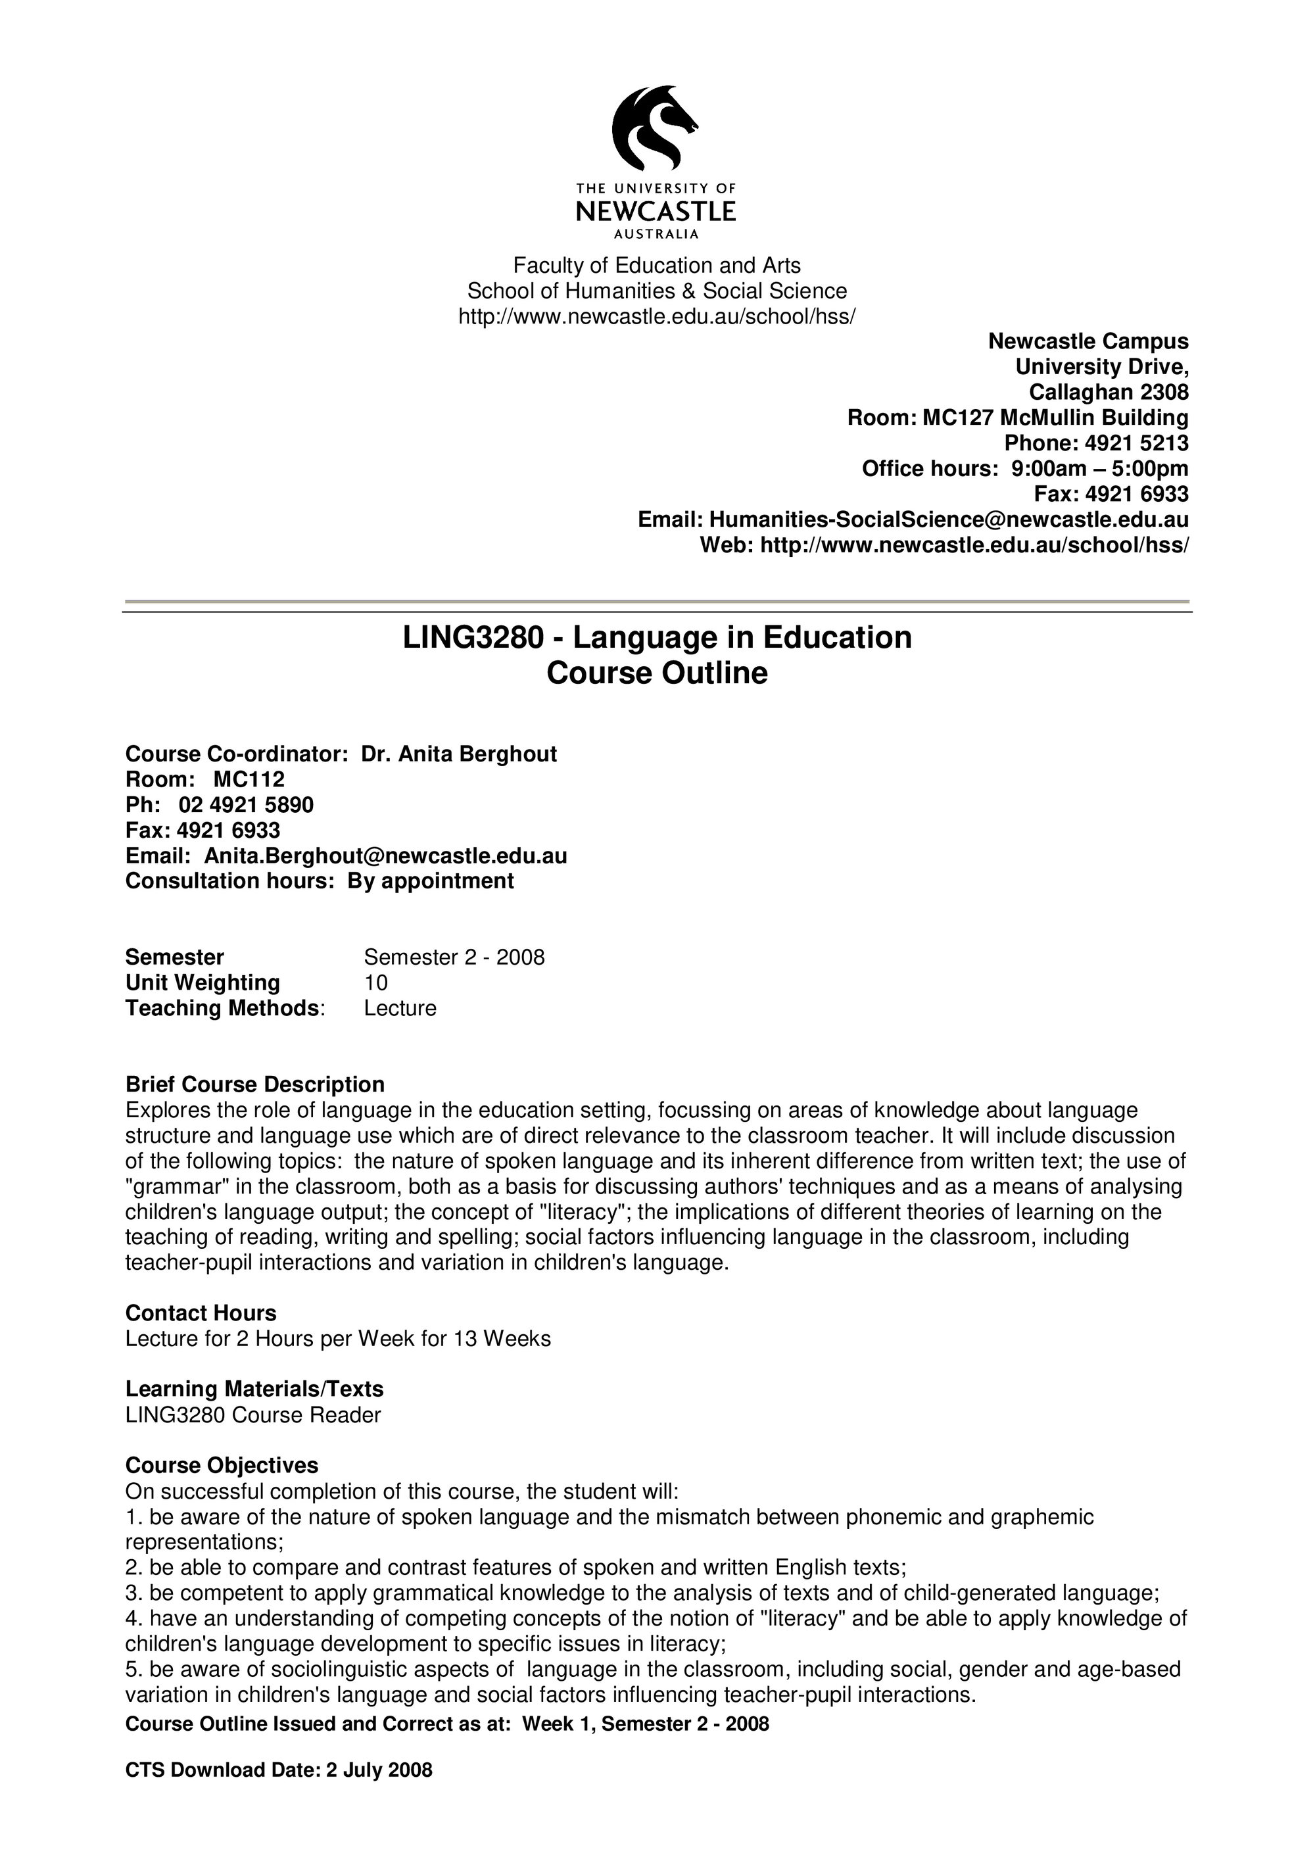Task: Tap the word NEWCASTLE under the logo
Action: click(x=656, y=212)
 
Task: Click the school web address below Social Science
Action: click(x=656, y=316)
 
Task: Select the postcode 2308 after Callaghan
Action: click(x=1164, y=393)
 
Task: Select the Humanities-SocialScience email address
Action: click(x=949, y=520)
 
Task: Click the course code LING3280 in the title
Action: click(x=472, y=638)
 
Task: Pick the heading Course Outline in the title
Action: click(x=656, y=673)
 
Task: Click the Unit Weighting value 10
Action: click(x=376, y=983)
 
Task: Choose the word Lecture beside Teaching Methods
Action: click(x=400, y=1008)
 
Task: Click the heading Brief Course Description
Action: click(x=254, y=1084)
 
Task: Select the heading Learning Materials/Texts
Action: click(x=254, y=1390)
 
